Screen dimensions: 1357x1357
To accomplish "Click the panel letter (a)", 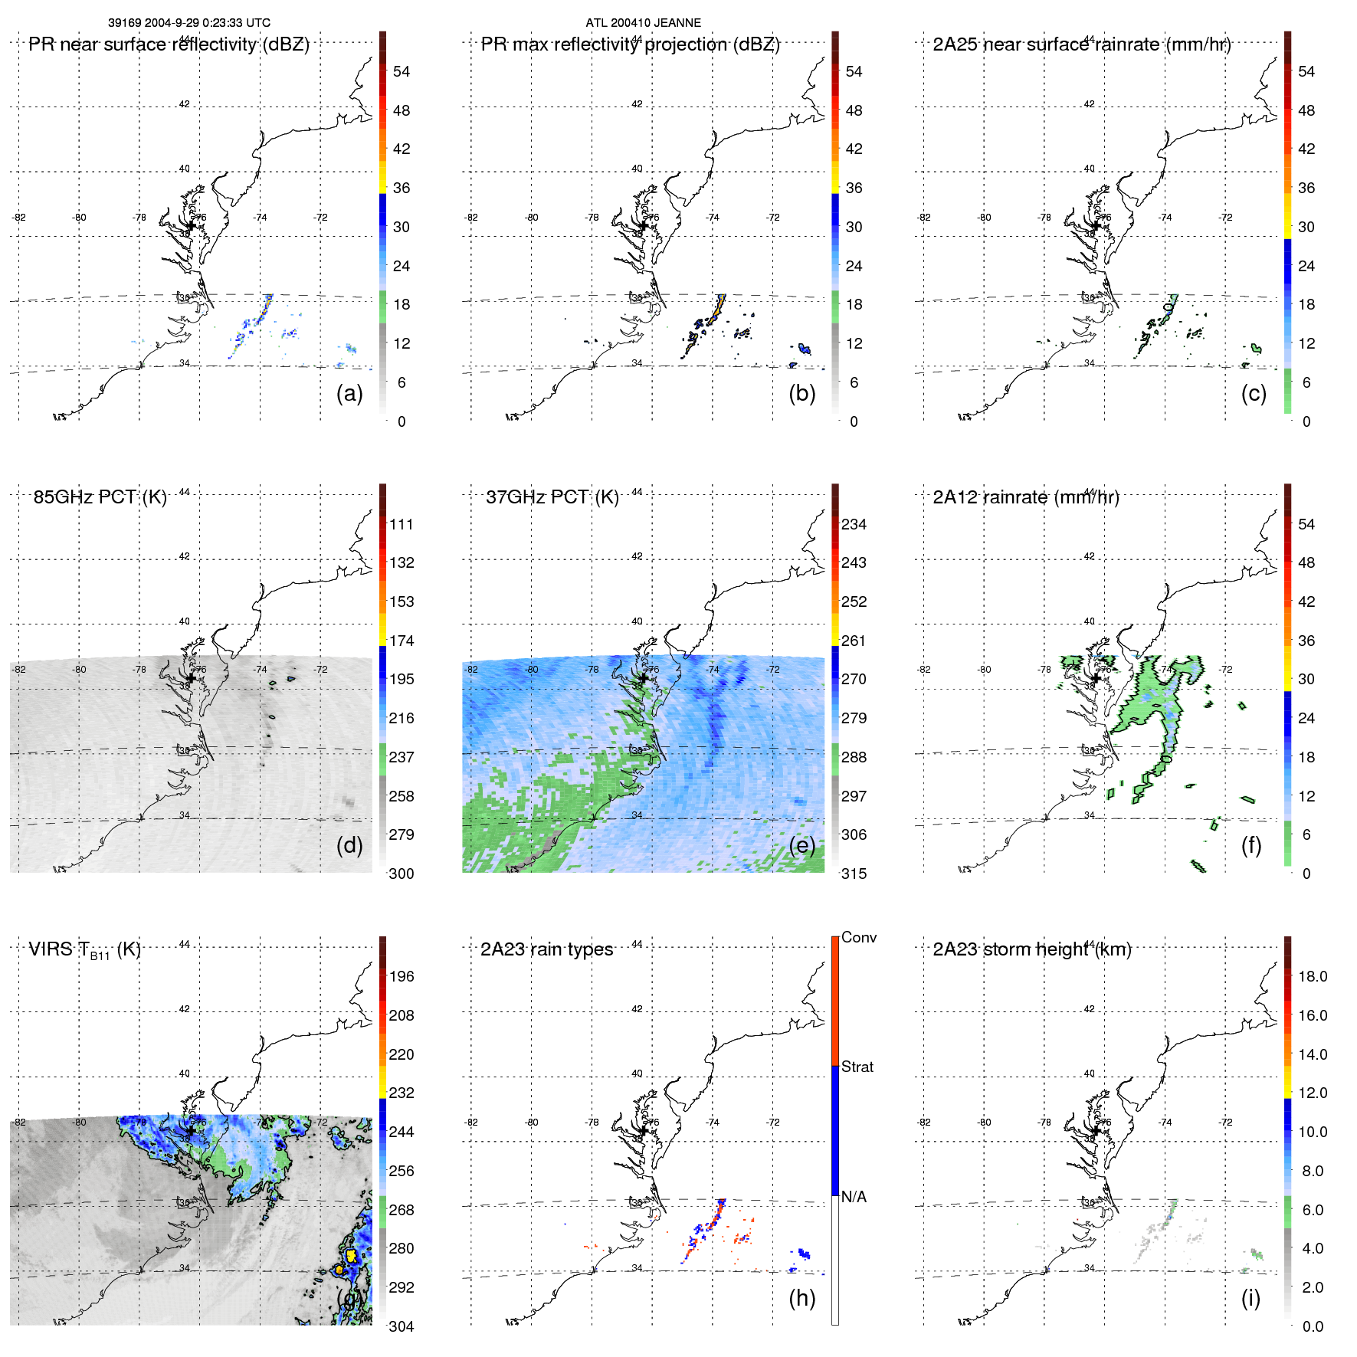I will [349, 394].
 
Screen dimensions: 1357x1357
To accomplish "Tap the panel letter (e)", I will [802, 846].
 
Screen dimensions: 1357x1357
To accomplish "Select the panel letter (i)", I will [1250, 1298].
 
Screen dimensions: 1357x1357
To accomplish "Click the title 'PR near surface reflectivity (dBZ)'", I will [169, 44].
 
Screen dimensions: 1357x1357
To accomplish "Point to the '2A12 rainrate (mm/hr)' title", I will [1025, 497].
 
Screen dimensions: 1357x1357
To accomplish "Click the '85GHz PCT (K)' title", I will [100, 497].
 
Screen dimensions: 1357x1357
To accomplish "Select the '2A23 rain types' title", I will [546, 949].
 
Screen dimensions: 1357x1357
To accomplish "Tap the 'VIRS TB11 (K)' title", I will [84, 950].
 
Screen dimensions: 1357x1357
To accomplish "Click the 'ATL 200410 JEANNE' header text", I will [643, 23].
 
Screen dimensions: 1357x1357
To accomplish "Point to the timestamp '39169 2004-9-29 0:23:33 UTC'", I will [188, 23].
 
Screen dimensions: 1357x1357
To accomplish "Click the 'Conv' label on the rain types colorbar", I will [858, 937].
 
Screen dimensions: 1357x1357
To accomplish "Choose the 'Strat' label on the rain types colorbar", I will [857, 1067].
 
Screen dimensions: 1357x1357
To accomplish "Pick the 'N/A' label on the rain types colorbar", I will [854, 1197].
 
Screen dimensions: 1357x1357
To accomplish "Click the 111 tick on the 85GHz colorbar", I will [401, 524].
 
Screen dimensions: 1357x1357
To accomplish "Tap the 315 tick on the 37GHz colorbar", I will [854, 874].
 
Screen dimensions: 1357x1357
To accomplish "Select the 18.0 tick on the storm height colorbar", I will [1312, 976].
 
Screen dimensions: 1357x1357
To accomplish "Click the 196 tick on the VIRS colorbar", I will [401, 976].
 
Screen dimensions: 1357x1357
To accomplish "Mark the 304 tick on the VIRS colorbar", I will [401, 1326].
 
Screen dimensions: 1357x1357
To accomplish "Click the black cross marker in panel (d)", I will [192, 677].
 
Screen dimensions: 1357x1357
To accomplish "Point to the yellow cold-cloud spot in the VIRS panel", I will [351, 1255].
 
